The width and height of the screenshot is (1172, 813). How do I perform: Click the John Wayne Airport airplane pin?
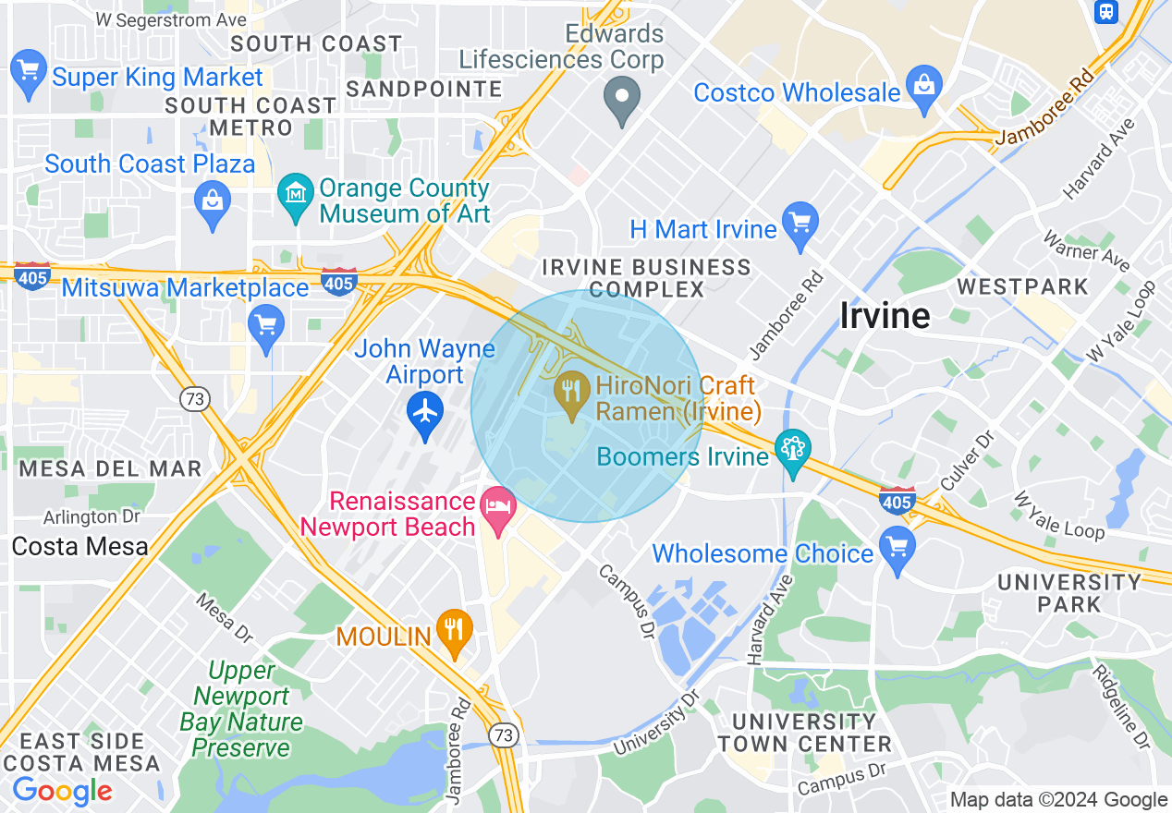(x=425, y=412)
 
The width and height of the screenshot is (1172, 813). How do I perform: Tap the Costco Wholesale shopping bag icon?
(x=923, y=88)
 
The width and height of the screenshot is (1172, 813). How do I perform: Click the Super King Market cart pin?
(x=29, y=72)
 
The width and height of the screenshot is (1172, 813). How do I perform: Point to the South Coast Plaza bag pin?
(x=213, y=200)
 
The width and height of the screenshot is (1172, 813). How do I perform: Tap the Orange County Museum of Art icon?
(x=296, y=197)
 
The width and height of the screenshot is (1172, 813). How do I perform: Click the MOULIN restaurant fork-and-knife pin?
(x=454, y=631)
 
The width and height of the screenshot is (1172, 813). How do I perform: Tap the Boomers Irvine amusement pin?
(x=792, y=453)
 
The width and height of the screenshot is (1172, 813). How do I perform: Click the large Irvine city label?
(x=885, y=316)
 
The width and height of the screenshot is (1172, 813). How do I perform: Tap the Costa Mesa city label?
(x=79, y=546)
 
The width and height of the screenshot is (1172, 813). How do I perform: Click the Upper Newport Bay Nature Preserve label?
(x=241, y=709)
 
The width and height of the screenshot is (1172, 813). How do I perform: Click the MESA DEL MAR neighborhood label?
(x=110, y=468)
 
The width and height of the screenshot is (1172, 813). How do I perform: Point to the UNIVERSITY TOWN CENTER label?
(x=804, y=733)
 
